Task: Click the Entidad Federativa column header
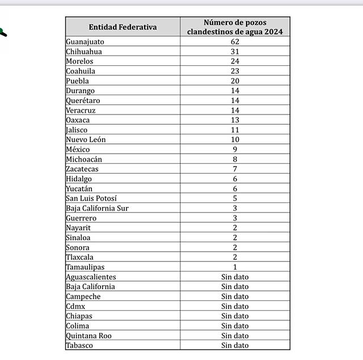point(123,27)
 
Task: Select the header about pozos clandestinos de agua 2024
point(235,27)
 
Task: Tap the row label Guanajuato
point(85,42)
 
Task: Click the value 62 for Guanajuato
point(235,42)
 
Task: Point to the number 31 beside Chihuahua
point(235,52)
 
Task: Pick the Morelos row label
point(79,61)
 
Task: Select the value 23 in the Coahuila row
point(235,71)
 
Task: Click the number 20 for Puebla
point(235,81)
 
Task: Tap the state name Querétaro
point(83,100)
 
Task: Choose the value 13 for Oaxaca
point(235,120)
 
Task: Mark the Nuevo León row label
point(86,139)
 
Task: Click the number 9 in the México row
point(235,149)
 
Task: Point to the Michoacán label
point(84,159)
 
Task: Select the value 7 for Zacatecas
point(235,169)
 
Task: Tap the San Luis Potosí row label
point(91,198)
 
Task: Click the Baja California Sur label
point(97,208)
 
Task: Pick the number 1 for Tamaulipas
point(235,267)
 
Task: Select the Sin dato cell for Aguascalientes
point(235,277)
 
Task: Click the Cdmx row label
point(76,306)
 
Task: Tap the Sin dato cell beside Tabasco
point(235,345)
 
